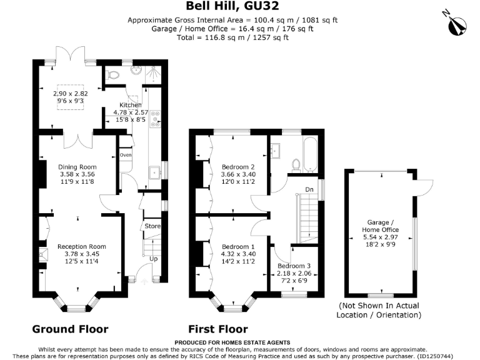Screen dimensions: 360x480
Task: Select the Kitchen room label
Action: tap(131, 105)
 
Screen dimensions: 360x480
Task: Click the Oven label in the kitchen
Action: tap(126, 154)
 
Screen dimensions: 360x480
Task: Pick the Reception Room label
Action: tap(77, 246)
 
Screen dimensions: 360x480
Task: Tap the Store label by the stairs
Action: tap(152, 226)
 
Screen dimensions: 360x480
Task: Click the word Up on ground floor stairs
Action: tap(154, 257)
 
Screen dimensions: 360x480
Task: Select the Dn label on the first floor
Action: tap(309, 189)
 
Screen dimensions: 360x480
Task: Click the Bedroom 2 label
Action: tap(238, 167)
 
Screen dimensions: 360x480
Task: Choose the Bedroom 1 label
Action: tap(238, 246)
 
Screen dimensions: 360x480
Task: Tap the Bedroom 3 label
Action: tap(294, 267)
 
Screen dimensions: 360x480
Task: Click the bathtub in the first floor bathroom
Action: tap(310, 154)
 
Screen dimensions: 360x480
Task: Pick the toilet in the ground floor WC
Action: tap(112, 74)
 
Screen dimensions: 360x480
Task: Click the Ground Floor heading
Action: tap(70, 329)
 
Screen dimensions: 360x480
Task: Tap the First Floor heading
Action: tap(218, 329)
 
